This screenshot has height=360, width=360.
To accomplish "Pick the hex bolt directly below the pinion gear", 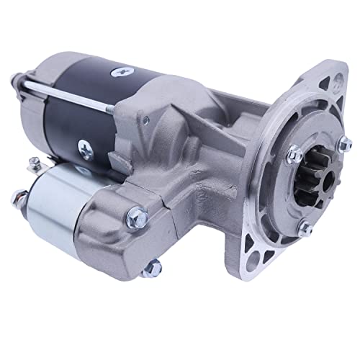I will (x=305, y=229).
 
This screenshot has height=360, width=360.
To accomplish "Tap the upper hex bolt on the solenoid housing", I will (x=137, y=215).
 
